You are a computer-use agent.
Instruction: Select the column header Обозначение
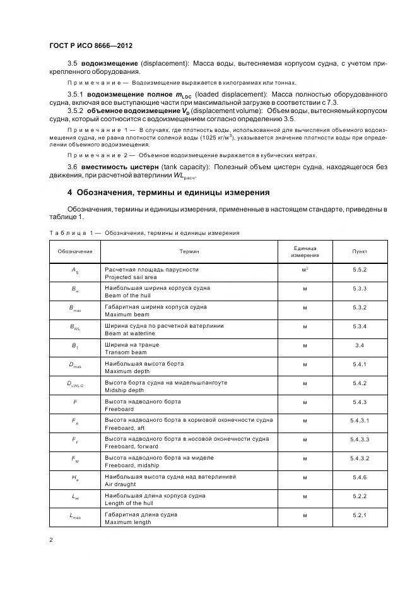pyautogui.click(x=76, y=251)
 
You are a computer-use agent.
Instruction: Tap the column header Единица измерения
pyautogui.click(x=305, y=251)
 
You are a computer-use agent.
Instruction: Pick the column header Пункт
pyautogui.click(x=360, y=251)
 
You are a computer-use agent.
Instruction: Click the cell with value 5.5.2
pyautogui.click(x=360, y=270)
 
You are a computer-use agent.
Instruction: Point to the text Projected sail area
pyautogui.click(x=131, y=277)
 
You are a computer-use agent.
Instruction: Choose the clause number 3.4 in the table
pyautogui.click(x=360, y=345)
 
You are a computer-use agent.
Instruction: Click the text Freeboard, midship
pyautogui.click(x=132, y=466)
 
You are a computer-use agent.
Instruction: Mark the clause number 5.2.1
pyautogui.click(x=360, y=516)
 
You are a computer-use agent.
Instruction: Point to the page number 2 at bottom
pyautogui.click(x=50, y=540)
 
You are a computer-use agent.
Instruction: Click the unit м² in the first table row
pyautogui.click(x=305, y=270)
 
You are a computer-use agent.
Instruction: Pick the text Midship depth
pyautogui.click(x=127, y=390)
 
